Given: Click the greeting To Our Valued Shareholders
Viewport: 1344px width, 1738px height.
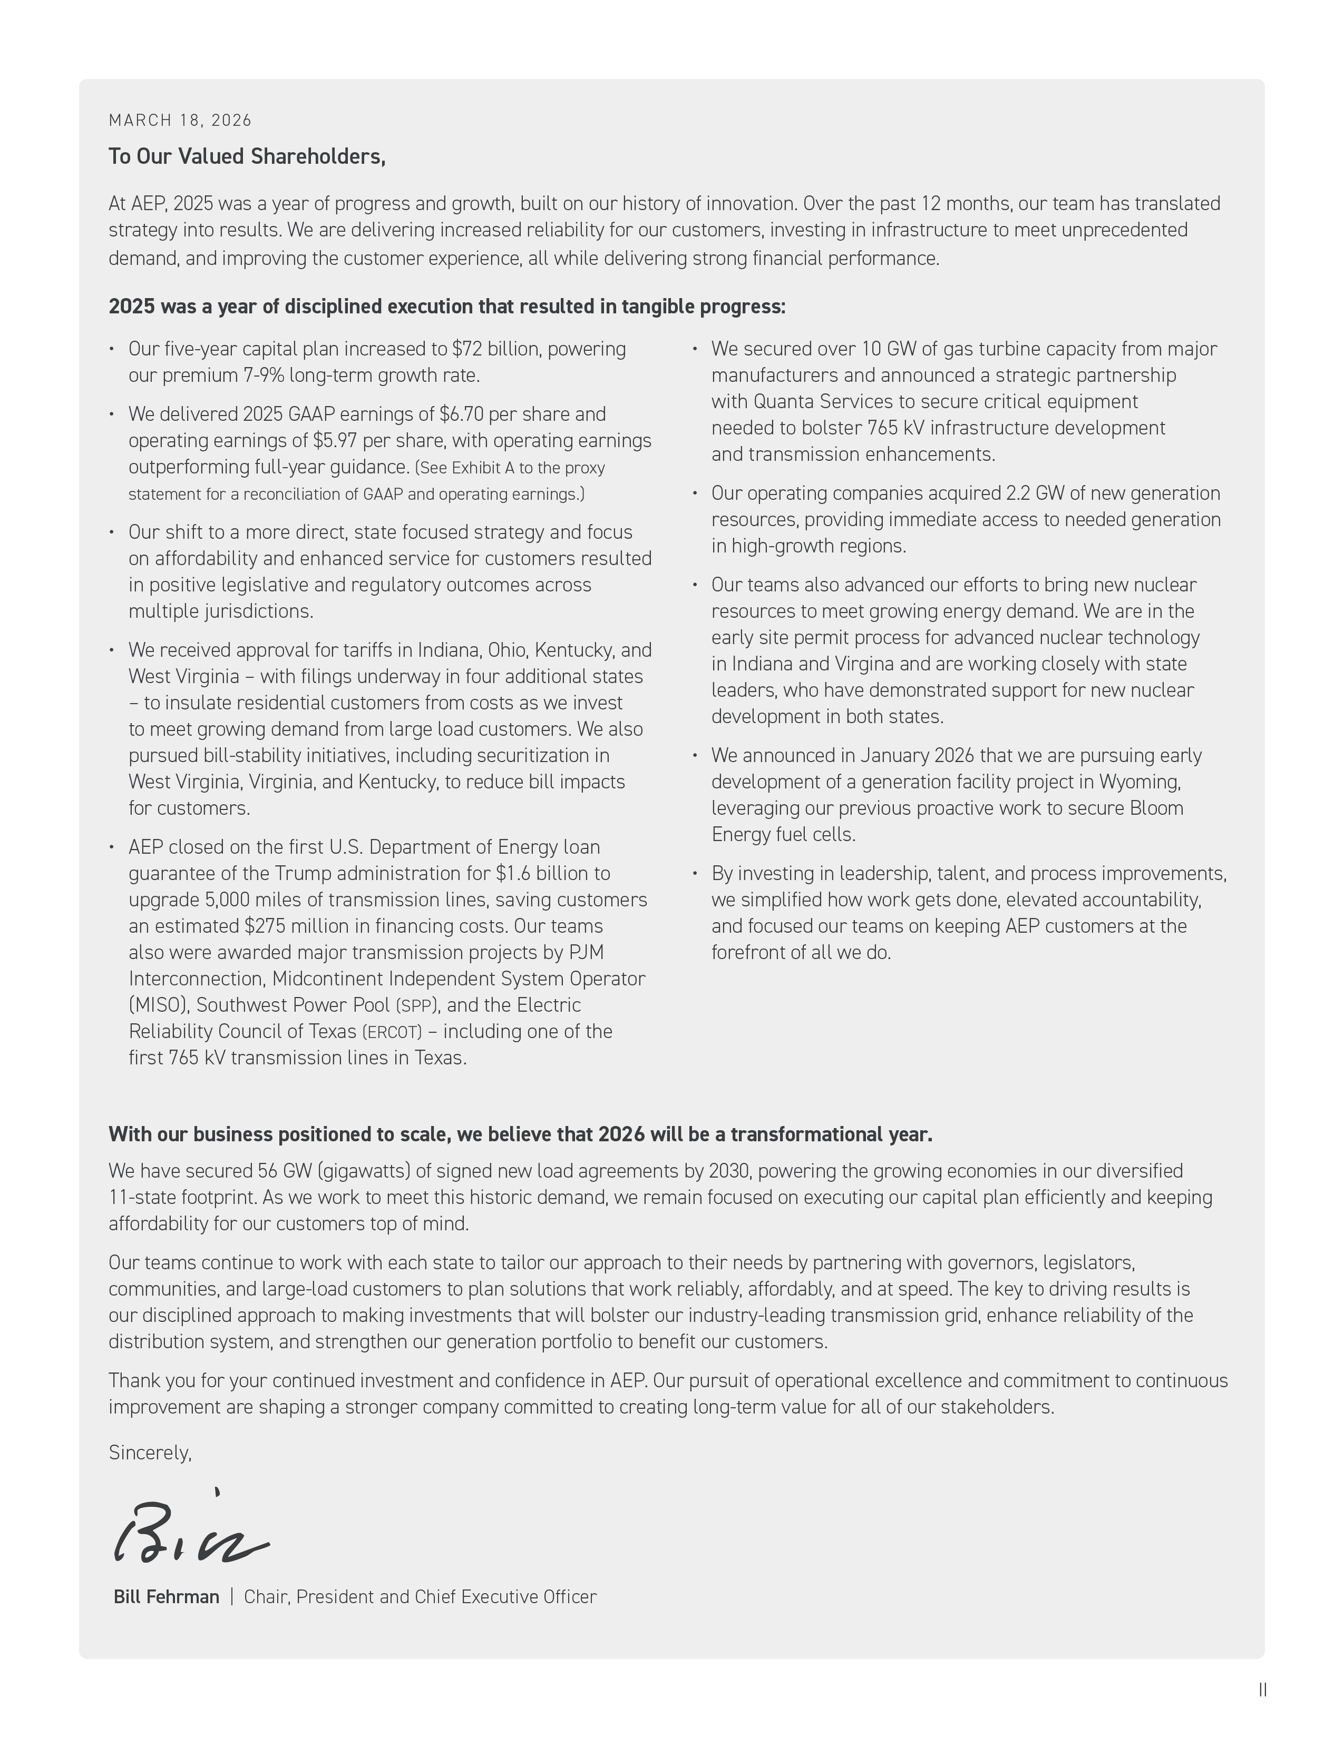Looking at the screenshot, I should (247, 157).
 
